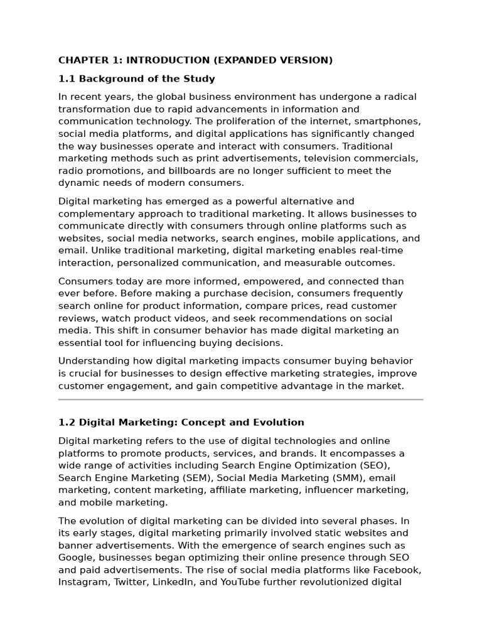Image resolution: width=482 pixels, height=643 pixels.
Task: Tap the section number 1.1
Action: point(67,79)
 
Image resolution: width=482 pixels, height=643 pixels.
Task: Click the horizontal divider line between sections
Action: point(241,399)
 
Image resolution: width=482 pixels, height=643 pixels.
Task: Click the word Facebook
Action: point(397,570)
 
